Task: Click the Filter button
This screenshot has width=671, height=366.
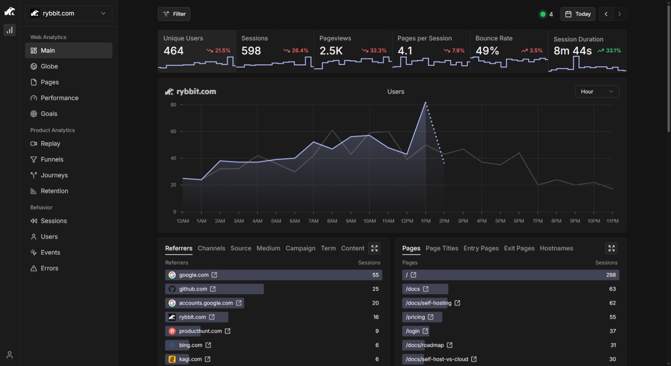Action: click(x=174, y=14)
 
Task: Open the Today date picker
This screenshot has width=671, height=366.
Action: click(x=578, y=14)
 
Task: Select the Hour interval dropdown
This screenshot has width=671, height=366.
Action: click(x=597, y=92)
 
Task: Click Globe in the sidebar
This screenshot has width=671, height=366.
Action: click(x=49, y=66)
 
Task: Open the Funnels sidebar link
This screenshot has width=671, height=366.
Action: click(x=52, y=159)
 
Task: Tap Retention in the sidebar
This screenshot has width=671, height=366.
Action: click(x=54, y=191)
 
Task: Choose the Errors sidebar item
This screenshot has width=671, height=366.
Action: click(x=49, y=268)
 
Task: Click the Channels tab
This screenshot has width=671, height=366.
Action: click(x=211, y=248)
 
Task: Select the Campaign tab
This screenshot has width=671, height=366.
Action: click(x=301, y=248)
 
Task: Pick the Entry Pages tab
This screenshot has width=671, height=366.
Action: click(x=481, y=248)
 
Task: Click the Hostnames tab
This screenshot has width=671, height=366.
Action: click(x=556, y=248)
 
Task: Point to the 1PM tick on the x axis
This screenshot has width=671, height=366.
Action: click(x=426, y=221)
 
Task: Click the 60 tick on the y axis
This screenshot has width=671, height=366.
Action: click(x=174, y=131)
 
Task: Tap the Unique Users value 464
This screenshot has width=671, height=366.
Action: click(x=174, y=51)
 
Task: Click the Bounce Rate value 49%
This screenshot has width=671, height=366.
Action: click(x=487, y=51)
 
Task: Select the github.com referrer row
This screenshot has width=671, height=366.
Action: click(x=214, y=289)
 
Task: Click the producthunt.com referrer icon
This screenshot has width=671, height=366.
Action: click(x=172, y=331)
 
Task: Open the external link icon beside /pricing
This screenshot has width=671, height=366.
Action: click(x=431, y=317)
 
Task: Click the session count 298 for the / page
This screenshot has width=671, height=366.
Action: click(x=611, y=275)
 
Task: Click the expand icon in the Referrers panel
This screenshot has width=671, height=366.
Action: click(x=374, y=248)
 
